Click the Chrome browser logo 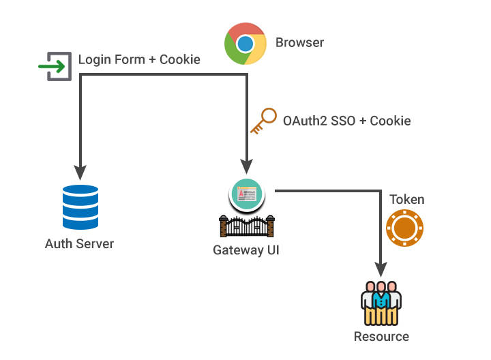[x=245, y=44]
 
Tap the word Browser [x=299, y=43]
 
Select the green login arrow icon [x=55, y=66]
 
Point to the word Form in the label [x=130, y=60]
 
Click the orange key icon [x=263, y=121]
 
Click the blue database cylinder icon [x=80, y=208]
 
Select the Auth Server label [x=79, y=243]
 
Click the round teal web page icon [x=246, y=195]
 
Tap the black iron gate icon [x=246, y=226]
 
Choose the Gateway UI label [x=246, y=250]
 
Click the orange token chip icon [x=406, y=226]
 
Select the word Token [x=406, y=200]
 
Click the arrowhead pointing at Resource [x=381, y=267]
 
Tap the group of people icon [x=381, y=302]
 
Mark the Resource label [x=381, y=336]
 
